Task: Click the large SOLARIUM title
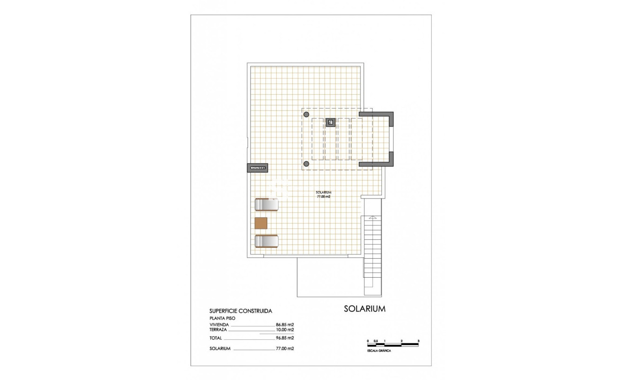[x=364, y=309]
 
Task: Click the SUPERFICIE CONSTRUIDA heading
[x=241, y=311]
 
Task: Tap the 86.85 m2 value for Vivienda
[x=285, y=325]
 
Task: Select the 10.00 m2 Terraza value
[x=285, y=330]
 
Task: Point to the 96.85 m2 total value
[x=285, y=338]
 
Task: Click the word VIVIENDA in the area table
[x=219, y=325]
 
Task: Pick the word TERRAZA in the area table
[x=218, y=330]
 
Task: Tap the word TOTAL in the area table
[x=216, y=338]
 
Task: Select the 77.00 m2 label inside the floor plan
[x=324, y=196]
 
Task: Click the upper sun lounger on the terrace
[x=267, y=204]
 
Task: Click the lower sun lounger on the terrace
[x=267, y=241]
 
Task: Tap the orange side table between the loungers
[x=261, y=223]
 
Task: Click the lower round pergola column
[x=306, y=164]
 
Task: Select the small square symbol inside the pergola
[x=331, y=122]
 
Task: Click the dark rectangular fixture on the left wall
[x=258, y=168]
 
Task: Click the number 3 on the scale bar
[x=418, y=341]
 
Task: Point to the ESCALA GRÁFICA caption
[x=379, y=351]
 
